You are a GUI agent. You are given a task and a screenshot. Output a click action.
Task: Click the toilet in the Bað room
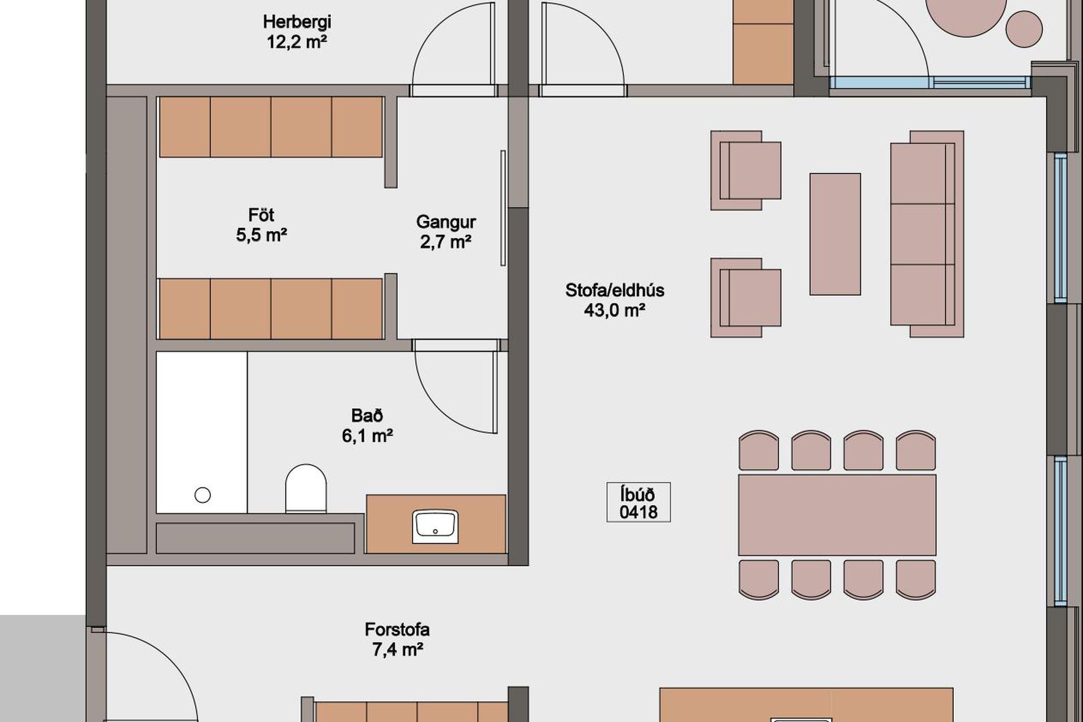306,488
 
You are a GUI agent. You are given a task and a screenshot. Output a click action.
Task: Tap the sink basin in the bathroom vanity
435,526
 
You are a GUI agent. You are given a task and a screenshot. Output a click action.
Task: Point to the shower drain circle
202,495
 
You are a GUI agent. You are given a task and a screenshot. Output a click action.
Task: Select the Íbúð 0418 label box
639,502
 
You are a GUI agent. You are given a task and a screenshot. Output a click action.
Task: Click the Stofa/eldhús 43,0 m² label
615,300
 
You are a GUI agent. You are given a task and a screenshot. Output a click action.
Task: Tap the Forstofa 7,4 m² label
397,639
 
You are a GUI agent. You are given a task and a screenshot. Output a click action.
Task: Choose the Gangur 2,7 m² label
446,231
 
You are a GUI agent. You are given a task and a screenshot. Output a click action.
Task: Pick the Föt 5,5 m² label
261,224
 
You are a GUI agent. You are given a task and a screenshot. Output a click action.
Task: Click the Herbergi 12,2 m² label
297,32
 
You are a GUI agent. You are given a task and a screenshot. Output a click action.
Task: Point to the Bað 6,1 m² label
367,425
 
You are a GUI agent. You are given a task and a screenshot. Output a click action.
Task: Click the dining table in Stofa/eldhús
837,514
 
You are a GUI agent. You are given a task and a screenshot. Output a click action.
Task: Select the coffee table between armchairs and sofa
835,234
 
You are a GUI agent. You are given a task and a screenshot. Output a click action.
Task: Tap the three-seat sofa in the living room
927,234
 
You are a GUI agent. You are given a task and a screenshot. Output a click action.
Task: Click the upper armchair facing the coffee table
746,170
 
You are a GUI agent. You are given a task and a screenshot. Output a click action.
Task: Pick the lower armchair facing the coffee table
746,298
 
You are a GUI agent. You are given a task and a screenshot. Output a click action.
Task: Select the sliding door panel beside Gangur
503,208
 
